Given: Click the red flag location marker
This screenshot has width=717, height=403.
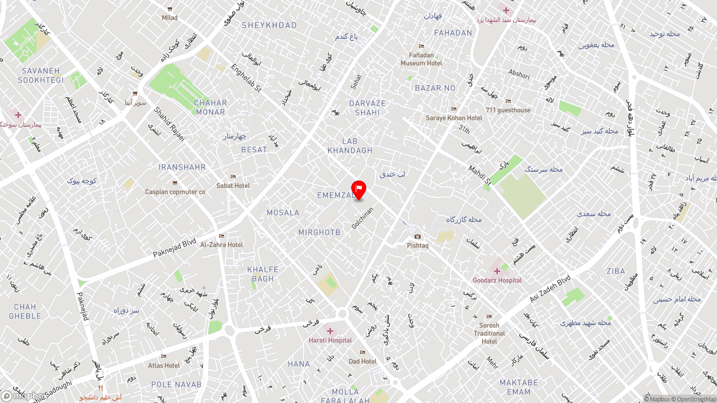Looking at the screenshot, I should pos(358,189).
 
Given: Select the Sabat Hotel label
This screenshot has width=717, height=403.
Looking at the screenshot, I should pos(233,185).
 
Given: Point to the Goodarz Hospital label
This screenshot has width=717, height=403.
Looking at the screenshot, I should pos(497,280).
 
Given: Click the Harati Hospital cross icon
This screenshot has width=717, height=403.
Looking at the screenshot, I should pos(330,331).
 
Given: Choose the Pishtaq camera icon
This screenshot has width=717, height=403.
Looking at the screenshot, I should pos(417,237).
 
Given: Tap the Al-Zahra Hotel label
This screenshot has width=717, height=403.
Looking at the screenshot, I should pos(222,245).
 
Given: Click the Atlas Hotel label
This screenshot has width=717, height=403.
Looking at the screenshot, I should pos(164,365).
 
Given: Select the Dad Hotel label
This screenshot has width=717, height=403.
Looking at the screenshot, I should pos(362,361).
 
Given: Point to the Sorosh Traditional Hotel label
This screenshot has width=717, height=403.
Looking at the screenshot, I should pos(489,333).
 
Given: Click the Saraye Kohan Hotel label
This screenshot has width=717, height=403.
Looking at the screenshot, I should pos(454,118).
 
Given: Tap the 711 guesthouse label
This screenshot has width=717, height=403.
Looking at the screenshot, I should pos(508,110).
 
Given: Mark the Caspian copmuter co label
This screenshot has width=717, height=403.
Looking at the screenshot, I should pos(175,192).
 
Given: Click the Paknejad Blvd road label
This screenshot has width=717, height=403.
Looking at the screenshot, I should pos(175,249).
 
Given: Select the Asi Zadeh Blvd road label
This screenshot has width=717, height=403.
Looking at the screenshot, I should pos(550,288).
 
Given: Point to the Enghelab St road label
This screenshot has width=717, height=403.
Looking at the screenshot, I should pos(246,78).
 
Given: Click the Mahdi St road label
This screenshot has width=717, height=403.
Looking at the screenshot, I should pos(479,175).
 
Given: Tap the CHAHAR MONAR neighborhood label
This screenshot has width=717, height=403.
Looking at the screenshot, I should pos(211,107).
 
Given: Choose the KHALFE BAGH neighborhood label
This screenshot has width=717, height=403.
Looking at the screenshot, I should pos(263,274).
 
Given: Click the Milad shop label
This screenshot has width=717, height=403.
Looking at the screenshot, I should pos(170,17).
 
